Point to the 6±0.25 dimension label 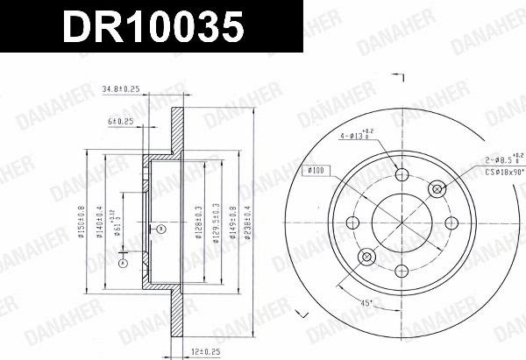tap(121, 121)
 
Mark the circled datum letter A tap(124, 262)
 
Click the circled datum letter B tap(160, 229)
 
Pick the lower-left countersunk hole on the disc tap(366, 257)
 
